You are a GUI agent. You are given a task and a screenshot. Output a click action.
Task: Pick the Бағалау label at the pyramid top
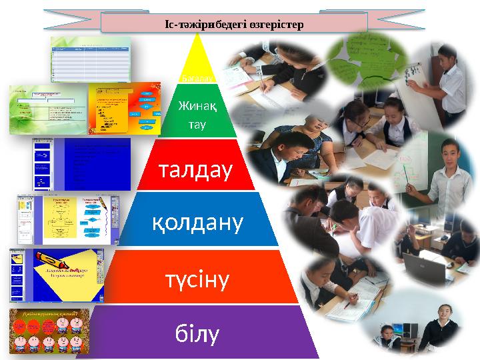195,79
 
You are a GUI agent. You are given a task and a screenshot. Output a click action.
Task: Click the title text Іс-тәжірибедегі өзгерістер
234,24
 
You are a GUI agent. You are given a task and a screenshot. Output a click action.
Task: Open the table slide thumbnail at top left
90,59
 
